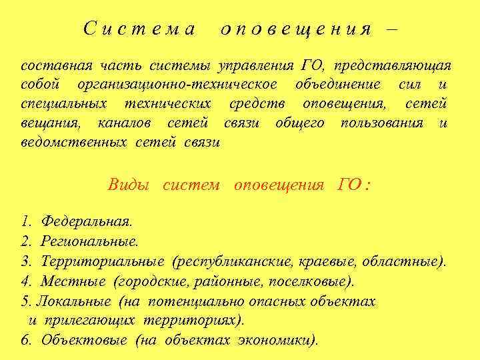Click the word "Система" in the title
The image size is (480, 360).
click(x=139, y=29)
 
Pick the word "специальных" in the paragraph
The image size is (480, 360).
click(x=64, y=105)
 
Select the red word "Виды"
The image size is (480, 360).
click(x=129, y=185)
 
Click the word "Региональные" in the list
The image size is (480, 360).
click(x=90, y=240)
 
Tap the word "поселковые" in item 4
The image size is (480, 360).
click(x=314, y=281)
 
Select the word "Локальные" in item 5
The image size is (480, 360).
click(x=71, y=301)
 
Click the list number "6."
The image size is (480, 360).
click(x=26, y=339)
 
